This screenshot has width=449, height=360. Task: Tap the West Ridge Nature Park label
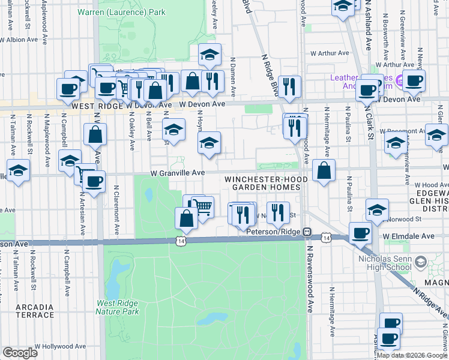[118, 308]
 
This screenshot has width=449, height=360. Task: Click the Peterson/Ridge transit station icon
[307, 231]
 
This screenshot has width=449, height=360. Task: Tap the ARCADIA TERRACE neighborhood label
[35, 311]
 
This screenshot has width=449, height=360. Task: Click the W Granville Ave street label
[178, 173]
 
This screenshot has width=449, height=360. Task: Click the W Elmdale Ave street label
[409, 236]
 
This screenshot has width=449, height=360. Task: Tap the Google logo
[20, 353]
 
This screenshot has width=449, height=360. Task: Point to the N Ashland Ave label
[367, 33]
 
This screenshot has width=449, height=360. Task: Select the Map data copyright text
[411, 355]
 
